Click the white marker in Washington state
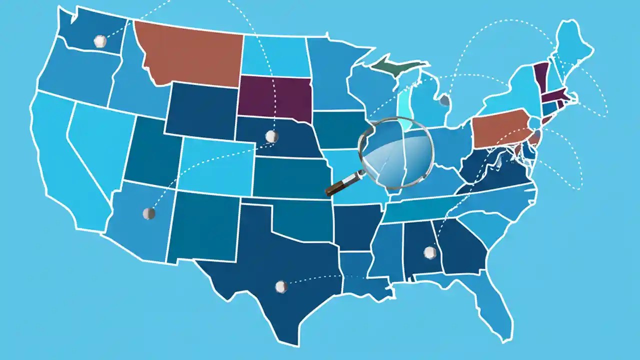(100, 41)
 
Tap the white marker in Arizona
(148, 213)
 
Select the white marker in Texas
(281, 286)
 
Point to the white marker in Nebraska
(271, 136)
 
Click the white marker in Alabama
(429, 252)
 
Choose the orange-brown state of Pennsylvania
(500, 128)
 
